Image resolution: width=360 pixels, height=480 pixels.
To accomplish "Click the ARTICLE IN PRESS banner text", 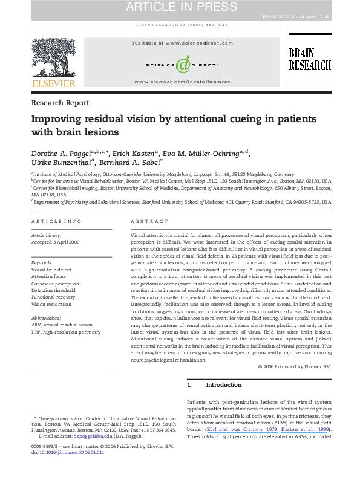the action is pyautogui.click(x=180, y=8).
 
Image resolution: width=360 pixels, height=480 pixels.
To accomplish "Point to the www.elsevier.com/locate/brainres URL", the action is pyautogui.click(x=182, y=81).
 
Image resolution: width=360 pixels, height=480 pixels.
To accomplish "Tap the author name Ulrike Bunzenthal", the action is pyautogui.click(x=64, y=161).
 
